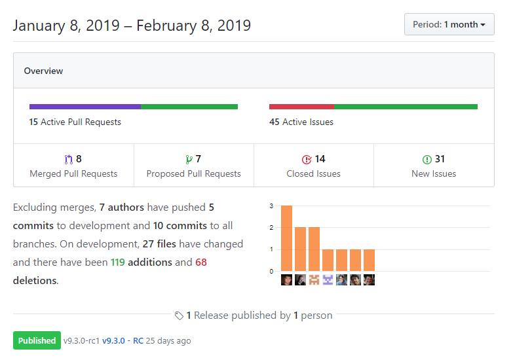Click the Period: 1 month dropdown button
(x=449, y=24)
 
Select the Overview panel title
(x=43, y=71)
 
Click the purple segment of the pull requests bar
(x=85, y=107)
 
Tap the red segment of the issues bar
(x=301, y=107)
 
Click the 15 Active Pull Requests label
(x=75, y=122)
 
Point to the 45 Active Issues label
(x=301, y=122)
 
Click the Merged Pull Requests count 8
(x=79, y=159)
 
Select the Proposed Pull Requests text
(x=193, y=173)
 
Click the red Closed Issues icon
(x=306, y=159)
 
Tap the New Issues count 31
(x=439, y=159)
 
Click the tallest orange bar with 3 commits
(x=286, y=238)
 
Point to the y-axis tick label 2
(x=271, y=228)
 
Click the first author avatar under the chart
(x=286, y=280)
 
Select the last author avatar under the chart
(x=369, y=280)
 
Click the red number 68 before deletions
(x=200, y=262)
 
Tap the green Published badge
(x=37, y=340)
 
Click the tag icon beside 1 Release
(x=179, y=315)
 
